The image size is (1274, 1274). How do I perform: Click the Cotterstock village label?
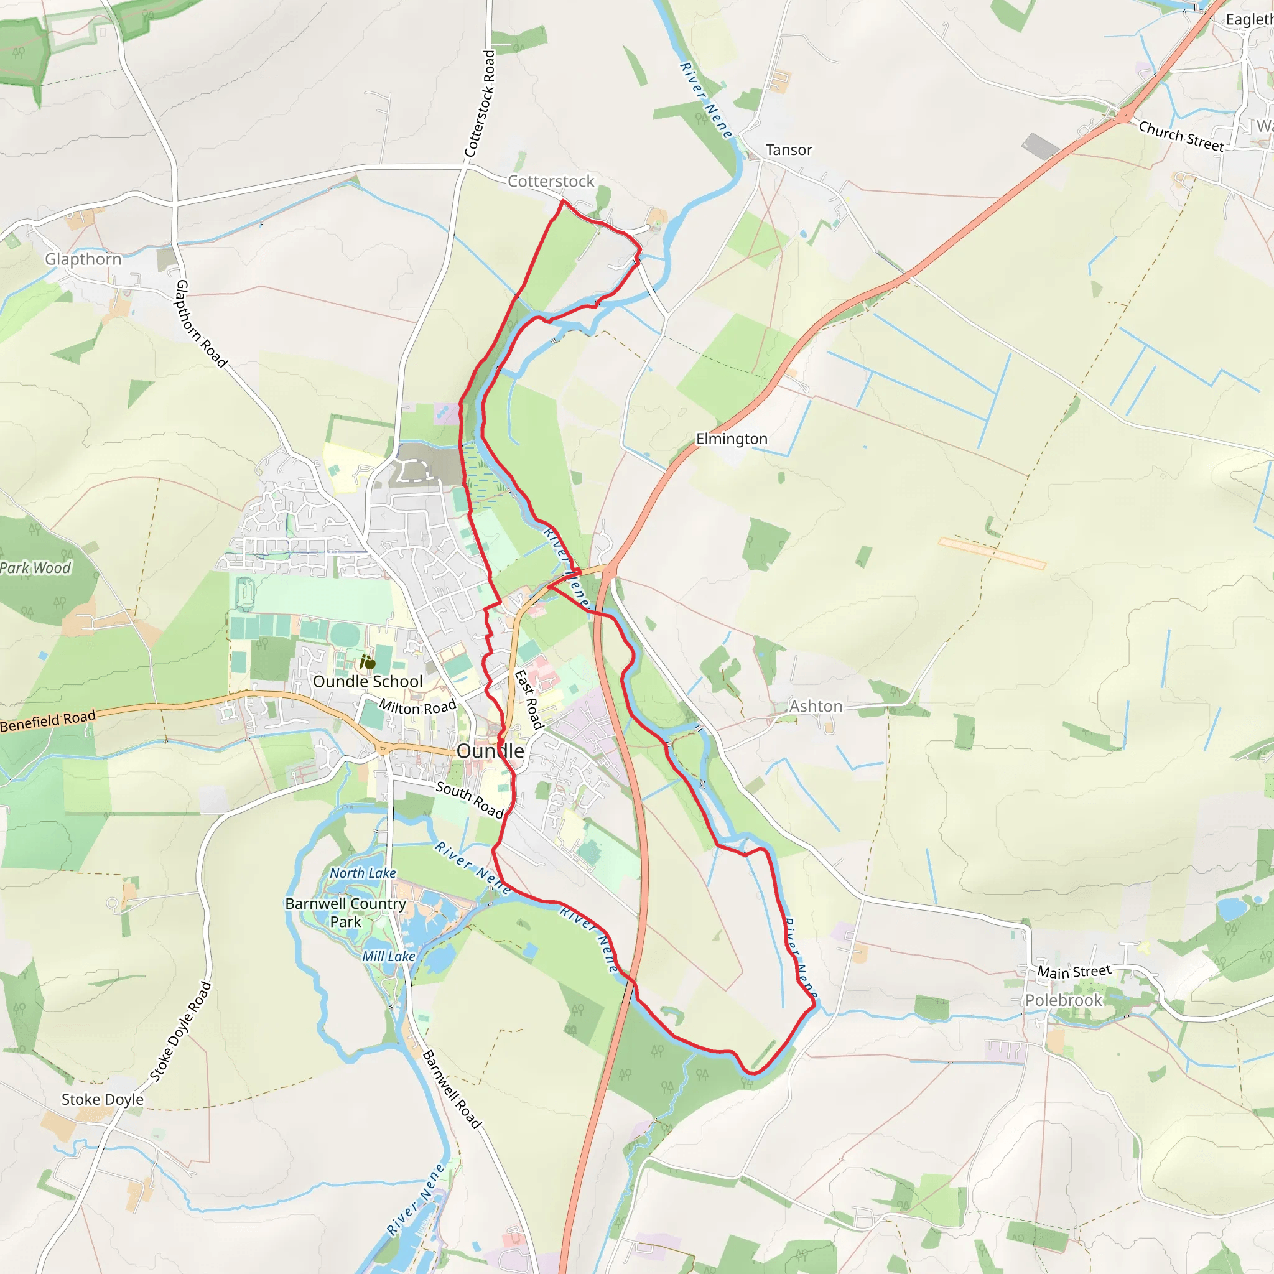coord(551,182)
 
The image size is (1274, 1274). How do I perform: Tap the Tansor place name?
coord(789,151)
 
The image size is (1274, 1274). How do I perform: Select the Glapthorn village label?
coord(83,259)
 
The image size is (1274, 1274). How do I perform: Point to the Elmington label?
coord(732,439)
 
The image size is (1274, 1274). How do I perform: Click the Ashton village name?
coord(816,706)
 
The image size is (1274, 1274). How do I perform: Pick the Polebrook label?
coord(1063,1000)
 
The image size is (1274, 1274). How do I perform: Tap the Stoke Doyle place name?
coord(102,1099)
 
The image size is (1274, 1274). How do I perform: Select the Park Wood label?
coord(35,568)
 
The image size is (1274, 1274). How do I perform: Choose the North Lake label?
coord(363,873)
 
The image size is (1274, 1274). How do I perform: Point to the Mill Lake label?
coord(388,956)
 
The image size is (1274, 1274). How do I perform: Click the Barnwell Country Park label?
coord(345,913)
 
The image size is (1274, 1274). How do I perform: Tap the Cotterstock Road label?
coord(480,103)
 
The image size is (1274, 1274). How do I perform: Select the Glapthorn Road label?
coord(200,323)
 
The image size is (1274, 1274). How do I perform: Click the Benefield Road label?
coord(48,721)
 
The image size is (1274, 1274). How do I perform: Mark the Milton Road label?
coord(417,707)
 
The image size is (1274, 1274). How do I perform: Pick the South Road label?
coord(470,799)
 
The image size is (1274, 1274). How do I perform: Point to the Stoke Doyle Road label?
coord(180,1033)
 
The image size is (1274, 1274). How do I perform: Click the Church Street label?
coord(1181,136)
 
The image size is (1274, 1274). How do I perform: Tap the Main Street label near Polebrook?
coord(1074,971)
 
